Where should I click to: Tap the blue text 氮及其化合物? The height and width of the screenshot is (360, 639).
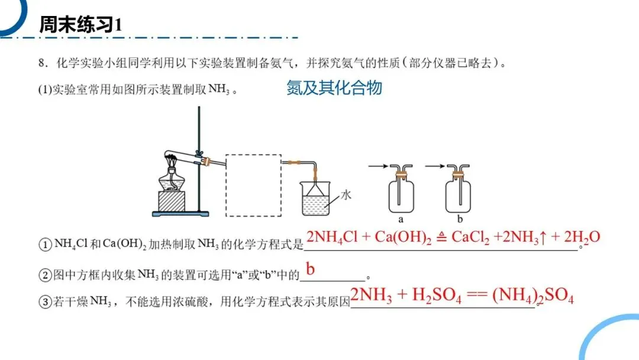click(334, 88)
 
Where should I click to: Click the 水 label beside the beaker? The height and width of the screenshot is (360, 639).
click(344, 194)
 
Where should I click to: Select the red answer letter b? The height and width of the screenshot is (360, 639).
click(311, 269)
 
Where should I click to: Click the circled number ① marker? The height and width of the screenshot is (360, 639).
click(46, 244)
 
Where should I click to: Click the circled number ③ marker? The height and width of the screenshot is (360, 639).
click(46, 303)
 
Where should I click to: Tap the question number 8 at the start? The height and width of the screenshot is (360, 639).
click(41, 63)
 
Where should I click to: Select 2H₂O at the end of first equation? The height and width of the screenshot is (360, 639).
click(582, 237)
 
